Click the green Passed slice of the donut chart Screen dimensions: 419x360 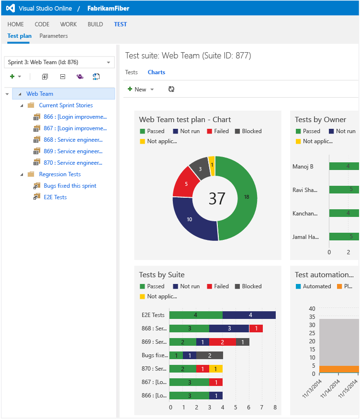coord(244,196)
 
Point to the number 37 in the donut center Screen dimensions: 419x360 coord(217,198)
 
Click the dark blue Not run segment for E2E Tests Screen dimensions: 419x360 coord(249,315)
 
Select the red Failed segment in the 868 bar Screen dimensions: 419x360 coord(256,328)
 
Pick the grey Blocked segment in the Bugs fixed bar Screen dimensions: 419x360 coord(210,355)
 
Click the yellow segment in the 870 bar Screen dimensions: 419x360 coord(216,369)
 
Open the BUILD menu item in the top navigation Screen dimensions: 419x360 coord(95,24)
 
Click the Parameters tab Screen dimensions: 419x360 coord(54,36)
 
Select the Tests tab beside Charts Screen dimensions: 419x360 coord(131,72)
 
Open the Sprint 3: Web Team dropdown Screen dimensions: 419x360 coord(59,62)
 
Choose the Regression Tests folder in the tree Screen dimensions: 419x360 coord(60,174)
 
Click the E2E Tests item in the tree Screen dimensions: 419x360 coord(55,197)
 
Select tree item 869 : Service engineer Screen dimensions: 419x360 coord(73,151)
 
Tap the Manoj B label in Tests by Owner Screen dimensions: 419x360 coord(303,167)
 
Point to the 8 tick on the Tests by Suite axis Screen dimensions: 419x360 coord(275,408)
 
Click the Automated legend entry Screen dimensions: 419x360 coord(316,286)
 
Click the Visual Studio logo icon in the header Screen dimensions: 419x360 coord(11,8)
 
